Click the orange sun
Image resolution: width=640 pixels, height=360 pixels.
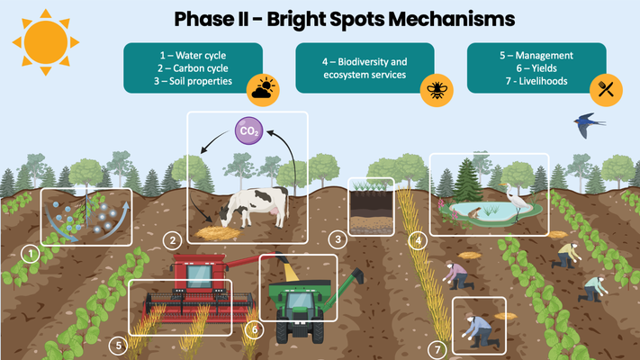coord(46,42)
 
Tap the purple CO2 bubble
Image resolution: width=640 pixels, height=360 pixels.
coord(249,131)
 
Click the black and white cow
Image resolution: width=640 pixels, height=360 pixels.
coord(254,207)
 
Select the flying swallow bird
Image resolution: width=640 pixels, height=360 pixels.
coord(588,124)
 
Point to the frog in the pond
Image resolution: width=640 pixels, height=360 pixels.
coord(474,212)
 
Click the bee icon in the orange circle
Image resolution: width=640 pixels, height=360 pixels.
coord(437,90)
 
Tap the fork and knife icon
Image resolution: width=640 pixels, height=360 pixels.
coord(606,90)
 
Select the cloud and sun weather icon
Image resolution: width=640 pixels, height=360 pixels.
coord(263,89)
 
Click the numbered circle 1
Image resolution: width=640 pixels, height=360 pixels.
coord(31,254)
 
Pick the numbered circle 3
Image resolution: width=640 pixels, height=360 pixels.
coord(338,239)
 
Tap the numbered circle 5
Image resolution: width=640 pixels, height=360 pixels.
coord(118,346)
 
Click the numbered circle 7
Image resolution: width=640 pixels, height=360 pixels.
coord(437,349)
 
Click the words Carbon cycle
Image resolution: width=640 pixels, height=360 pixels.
coord(201,68)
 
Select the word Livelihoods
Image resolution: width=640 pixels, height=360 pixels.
coord(544,81)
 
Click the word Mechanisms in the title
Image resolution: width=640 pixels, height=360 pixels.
coord(452,19)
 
